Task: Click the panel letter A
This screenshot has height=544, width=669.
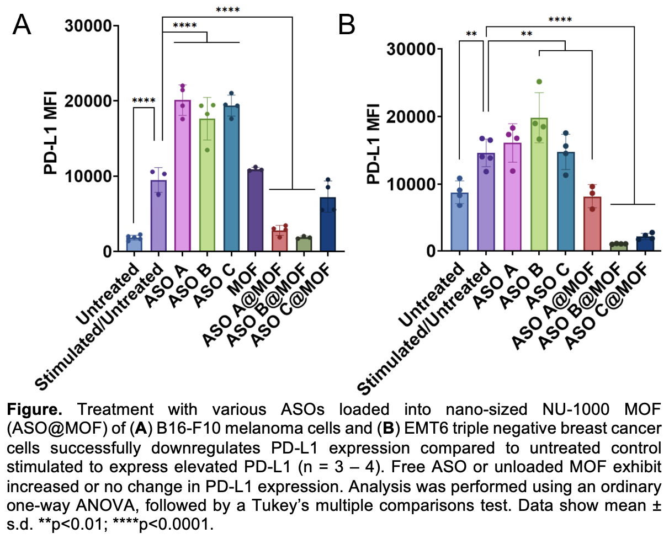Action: [22, 24]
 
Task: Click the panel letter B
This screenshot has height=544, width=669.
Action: [347, 24]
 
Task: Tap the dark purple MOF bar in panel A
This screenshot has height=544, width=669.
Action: [256, 210]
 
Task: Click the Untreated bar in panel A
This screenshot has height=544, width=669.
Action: [134, 243]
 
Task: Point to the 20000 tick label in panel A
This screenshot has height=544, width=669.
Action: [88, 101]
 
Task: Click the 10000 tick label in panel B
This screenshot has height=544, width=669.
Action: [411, 184]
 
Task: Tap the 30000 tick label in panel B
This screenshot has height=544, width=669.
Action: [411, 49]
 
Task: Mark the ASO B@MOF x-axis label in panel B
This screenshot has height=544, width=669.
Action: [580, 309]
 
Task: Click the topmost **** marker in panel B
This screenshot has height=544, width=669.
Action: [560, 21]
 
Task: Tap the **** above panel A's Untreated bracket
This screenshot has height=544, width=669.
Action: [144, 101]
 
